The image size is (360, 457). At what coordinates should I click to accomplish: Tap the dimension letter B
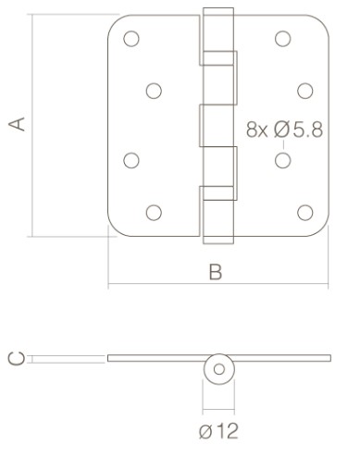click(x=215, y=272)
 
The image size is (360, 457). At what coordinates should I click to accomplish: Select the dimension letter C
click(x=14, y=358)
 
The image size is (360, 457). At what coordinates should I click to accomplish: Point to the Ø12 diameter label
click(x=218, y=429)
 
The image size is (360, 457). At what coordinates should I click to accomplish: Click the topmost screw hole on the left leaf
click(x=130, y=39)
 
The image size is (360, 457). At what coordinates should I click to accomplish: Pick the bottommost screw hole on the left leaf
click(x=154, y=212)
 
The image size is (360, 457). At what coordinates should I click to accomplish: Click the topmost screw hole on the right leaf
click(x=282, y=39)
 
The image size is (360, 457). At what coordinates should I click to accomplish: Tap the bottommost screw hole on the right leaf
click(x=304, y=212)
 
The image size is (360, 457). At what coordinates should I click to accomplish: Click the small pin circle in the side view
click(x=219, y=369)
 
